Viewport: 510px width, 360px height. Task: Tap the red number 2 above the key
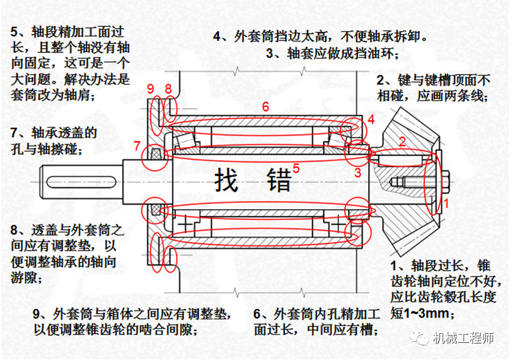click(402, 142)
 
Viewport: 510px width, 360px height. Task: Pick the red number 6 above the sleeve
click(265, 106)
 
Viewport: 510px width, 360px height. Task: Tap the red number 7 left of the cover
click(137, 146)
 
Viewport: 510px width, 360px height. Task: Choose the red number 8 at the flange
click(168, 90)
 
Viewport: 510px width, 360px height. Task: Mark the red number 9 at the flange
click(150, 90)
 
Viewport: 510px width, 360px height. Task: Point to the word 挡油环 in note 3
click(374, 54)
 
